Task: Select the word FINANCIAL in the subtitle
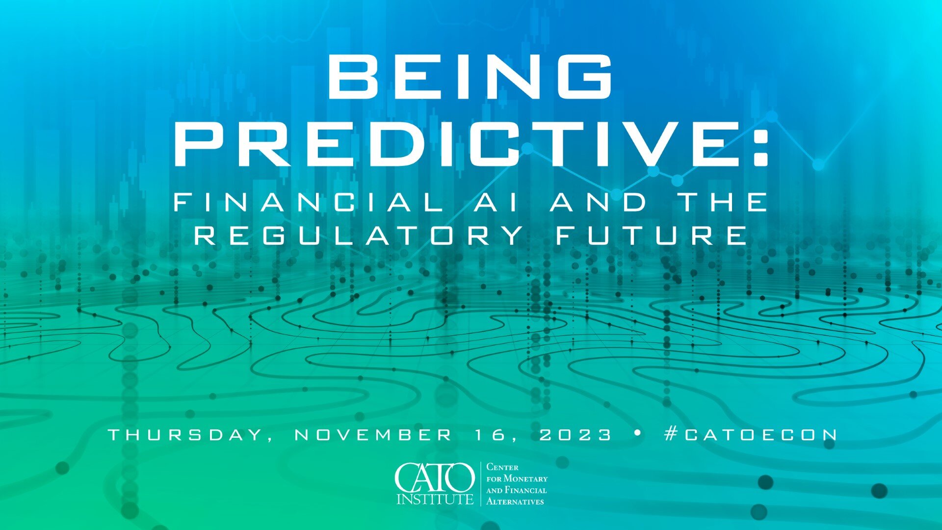(309, 202)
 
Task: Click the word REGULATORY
(359, 235)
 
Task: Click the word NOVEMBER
(373, 435)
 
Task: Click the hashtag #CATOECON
(751, 434)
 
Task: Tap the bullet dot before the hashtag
(638, 433)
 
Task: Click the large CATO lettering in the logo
(435, 477)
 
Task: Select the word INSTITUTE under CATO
(435, 499)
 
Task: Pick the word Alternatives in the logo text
(515, 502)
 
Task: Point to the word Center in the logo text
(502, 467)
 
